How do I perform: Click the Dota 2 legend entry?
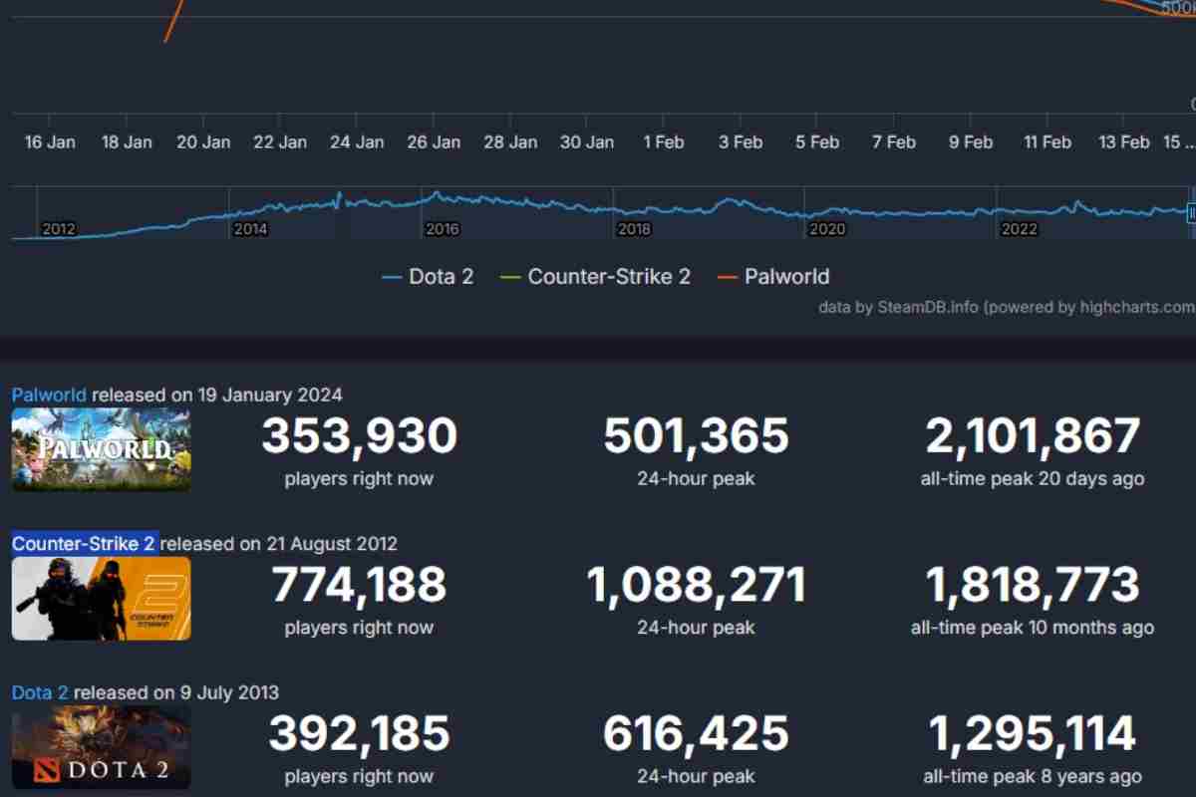tap(428, 277)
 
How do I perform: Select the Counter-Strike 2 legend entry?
tap(596, 277)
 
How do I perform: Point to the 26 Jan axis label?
tap(434, 142)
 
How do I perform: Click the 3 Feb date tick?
tap(741, 142)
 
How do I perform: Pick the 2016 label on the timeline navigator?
tap(442, 229)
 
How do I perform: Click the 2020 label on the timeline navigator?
tap(826, 229)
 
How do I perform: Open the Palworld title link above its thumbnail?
tap(49, 395)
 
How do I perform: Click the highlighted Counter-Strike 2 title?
tap(84, 544)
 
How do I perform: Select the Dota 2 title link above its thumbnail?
tap(41, 692)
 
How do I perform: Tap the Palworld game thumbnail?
tap(101, 449)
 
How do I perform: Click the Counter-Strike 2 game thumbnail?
tap(101, 598)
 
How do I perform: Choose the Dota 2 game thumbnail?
tap(101, 747)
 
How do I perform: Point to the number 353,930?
tap(359, 436)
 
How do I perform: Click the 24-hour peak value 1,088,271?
tap(696, 586)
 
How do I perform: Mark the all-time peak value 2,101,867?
tap(1033, 436)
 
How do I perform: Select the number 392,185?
tap(359, 734)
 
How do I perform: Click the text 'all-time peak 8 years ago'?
tap(1033, 776)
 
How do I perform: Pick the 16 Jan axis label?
tap(50, 142)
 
